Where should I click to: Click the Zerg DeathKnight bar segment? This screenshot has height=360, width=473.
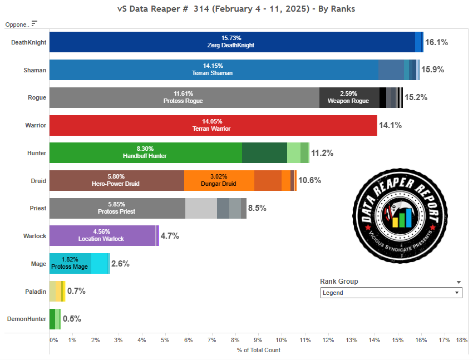pyautogui.click(x=232, y=42)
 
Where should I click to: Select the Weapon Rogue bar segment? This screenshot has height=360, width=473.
pyautogui.click(x=349, y=98)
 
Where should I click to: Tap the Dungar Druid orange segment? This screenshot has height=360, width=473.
pyautogui.click(x=219, y=181)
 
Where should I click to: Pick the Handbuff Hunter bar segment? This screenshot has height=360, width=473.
pyautogui.click(x=145, y=153)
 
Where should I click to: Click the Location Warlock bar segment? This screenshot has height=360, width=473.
pyautogui.click(x=102, y=236)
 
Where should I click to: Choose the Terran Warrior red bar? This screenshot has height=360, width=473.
pyautogui.click(x=213, y=125)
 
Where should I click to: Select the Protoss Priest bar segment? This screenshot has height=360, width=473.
pyautogui.click(x=117, y=208)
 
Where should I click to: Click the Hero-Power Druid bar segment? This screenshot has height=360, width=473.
pyautogui.click(x=116, y=181)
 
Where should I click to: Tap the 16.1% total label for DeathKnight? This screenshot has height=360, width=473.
pyautogui.click(x=436, y=42)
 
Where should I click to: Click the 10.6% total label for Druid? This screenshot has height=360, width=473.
pyautogui.click(x=309, y=180)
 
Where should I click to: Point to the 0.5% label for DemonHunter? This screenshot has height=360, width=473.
pyautogui.click(x=72, y=319)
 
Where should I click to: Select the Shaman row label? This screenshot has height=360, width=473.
pyautogui.click(x=35, y=70)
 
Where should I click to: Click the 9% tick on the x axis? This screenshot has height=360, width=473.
pyautogui.click(x=258, y=339)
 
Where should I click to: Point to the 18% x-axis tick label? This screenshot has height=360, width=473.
pyautogui.click(x=461, y=339)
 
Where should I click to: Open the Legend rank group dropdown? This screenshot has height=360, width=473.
pyautogui.click(x=391, y=293)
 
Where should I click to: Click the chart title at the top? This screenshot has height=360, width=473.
pyautogui.click(x=237, y=9)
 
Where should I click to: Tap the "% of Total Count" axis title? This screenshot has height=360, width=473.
pyautogui.click(x=258, y=350)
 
